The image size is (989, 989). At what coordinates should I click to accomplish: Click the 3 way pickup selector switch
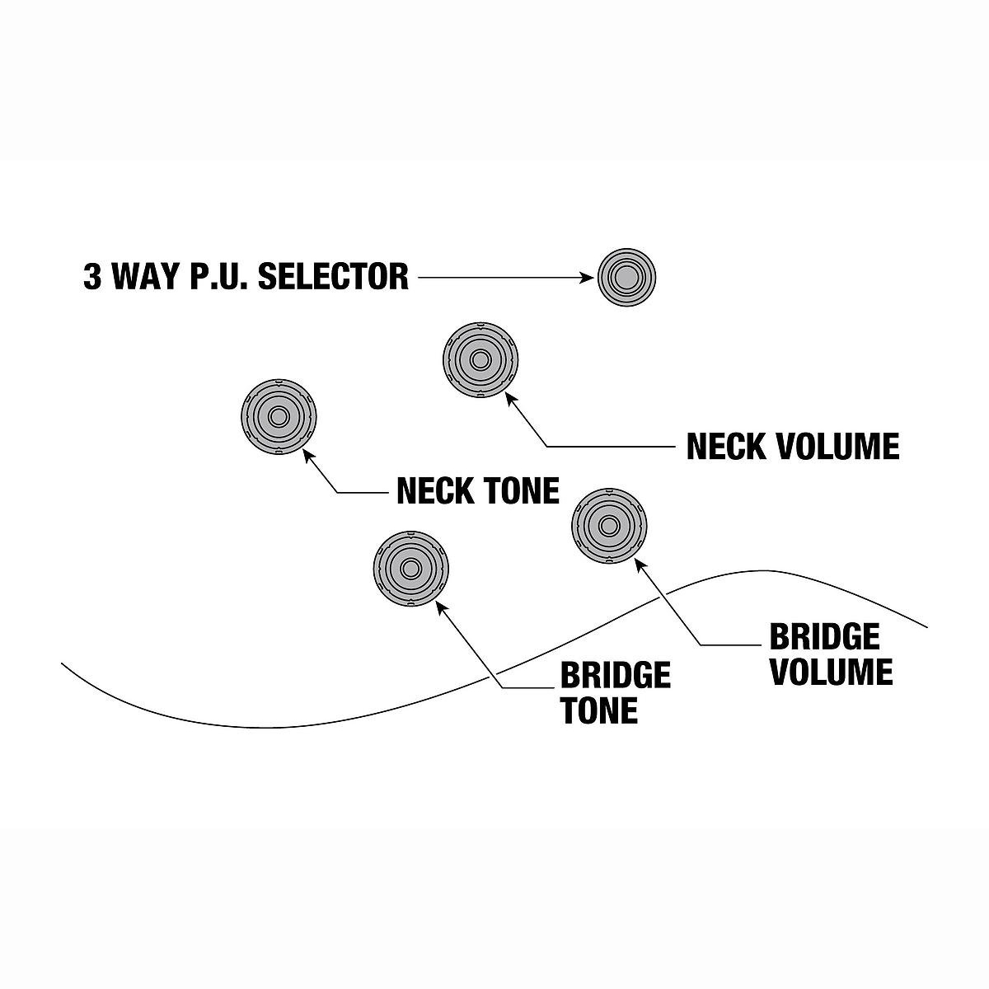click(x=626, y=277)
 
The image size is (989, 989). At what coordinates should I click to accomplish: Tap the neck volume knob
click(x=480, y=359)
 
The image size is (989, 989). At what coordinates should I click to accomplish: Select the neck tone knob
click(x=279, y=417)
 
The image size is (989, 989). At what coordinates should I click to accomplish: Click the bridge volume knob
click(x=609, y=525)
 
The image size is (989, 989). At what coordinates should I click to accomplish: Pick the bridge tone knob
click(x=410, y=567)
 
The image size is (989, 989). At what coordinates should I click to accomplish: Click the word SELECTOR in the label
click(x=334, y=277)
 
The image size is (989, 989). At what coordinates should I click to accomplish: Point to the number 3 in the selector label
click(x=92, y=277)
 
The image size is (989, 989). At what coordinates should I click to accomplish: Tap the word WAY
click(x=148, y=277)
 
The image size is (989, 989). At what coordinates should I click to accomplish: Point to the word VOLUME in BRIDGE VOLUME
click(x=831, y=672)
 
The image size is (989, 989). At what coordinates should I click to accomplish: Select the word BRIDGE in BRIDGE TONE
click(x=616, y=676)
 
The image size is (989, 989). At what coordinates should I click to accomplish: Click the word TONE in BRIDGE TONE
click(x=599, y=710)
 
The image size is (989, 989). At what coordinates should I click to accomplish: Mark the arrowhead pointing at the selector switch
click(x=588, y=278)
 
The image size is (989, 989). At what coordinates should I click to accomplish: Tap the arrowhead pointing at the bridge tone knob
click(x=440, y=606)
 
